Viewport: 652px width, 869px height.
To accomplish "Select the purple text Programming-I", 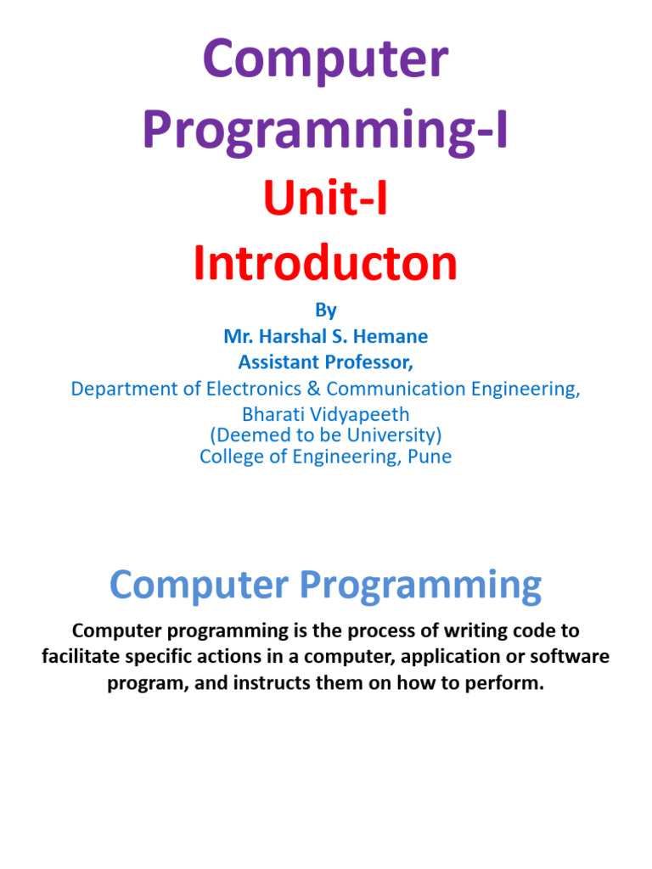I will click(325, 132).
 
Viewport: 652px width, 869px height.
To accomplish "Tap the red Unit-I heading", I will click(325, 203).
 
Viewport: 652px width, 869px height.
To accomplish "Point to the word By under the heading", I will click(326, 310).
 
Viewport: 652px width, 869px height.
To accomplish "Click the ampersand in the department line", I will click(313, 389).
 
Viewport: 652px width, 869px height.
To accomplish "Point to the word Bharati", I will click(273, 415).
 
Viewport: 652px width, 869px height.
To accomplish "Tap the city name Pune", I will click(431, 457).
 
